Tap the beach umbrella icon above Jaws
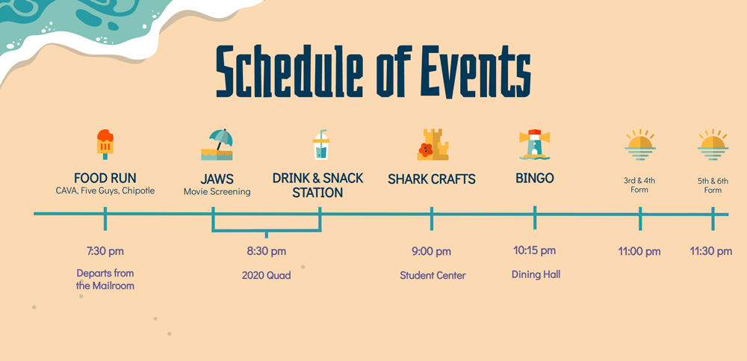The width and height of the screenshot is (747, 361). [x=217, y=144]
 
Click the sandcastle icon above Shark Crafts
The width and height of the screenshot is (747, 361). [x=433, y=144]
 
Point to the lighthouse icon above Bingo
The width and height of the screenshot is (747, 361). [x=535, y=144]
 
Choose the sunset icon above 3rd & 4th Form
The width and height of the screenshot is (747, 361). [x=640, y=144]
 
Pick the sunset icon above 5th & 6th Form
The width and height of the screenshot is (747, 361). [x=713, y=144]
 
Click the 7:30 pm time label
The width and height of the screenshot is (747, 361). [x=105, y=251]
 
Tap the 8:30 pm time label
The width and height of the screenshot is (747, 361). [x=267, y=251]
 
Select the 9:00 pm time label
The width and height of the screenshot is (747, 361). [x=431, y=251]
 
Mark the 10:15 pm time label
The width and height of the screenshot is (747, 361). [x=535, y=250]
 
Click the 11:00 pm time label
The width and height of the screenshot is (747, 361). [x=639, y=251]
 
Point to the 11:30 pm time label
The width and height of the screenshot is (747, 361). [x=711, y=251]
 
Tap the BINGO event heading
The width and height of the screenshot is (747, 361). [x=535, y=179]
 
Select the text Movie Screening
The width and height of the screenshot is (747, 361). [x=217, y=191]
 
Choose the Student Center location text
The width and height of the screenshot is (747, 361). [x=433, y=275]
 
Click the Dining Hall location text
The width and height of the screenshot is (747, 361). [x=536, y=274]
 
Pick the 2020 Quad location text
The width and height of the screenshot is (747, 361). [x=267, y=275]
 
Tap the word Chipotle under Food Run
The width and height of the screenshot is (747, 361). [x=138, y=191]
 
